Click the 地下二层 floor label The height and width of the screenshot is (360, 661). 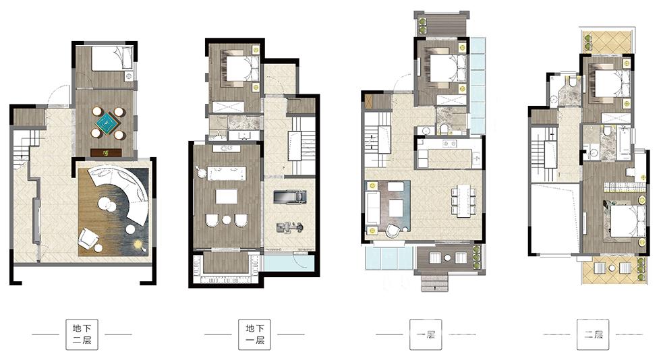[82, 334]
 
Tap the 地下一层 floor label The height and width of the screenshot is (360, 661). [255, 334]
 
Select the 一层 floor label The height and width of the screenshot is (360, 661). [426, 334]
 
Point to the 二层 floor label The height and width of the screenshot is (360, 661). [593, 334]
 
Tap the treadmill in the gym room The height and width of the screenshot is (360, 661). [289, 197]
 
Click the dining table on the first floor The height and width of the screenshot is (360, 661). [464, 200]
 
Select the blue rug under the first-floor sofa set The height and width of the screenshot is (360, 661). [389, 206]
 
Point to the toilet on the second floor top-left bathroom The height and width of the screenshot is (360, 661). [573, 82]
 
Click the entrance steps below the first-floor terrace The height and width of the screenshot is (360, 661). [434, 282]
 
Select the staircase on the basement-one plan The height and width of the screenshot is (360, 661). [301, 146]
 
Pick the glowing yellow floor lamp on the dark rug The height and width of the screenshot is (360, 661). [138, 244]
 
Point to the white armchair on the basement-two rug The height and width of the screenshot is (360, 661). [88, 238]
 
